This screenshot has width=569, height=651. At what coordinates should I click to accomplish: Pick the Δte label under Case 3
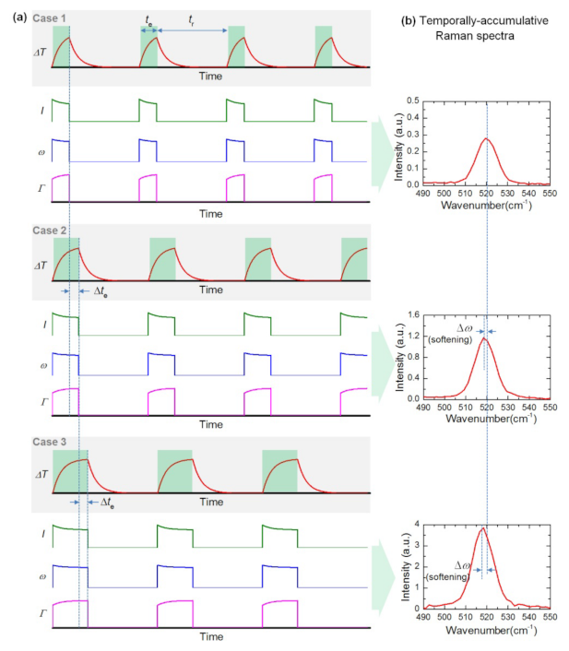click(101, 504)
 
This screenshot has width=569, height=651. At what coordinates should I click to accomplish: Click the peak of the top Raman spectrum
click(485, 139)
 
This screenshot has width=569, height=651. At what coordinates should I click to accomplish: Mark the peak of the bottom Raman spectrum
click(481, 528)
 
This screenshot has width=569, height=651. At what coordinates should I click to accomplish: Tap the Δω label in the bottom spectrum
click(464, 565)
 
